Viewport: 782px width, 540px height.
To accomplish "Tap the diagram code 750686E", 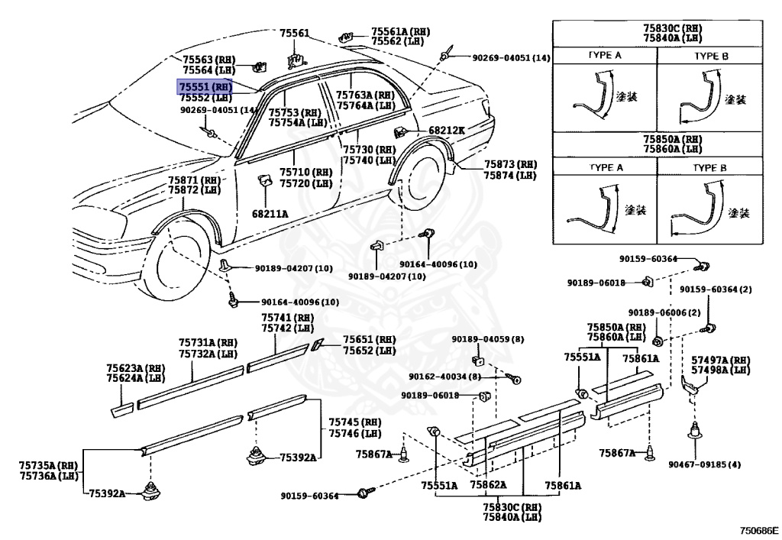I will point(758,529).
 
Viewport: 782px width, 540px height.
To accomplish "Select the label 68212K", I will point(447,131).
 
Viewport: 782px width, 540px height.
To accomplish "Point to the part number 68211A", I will point(270,214).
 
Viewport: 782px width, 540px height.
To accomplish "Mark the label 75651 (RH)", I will point(369,340).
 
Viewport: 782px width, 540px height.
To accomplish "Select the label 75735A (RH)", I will point(48,464).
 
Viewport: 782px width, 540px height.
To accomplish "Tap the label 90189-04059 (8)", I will point(488,339).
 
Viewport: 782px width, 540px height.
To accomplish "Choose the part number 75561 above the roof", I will point(294,34).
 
